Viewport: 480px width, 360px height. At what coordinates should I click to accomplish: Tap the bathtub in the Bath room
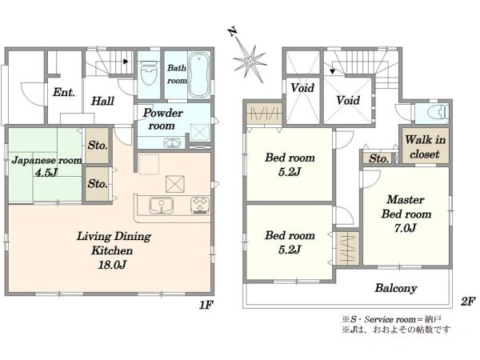click(199, 75)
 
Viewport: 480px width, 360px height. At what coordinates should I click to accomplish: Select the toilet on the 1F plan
click(149, 74)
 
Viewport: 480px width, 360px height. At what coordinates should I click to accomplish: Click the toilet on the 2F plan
click(439, 112)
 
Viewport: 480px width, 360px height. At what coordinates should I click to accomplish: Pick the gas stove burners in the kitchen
click(200, 205)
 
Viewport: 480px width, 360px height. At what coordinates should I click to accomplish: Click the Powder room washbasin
click(172, 142)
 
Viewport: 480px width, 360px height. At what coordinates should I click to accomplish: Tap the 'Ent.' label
click(64, 92)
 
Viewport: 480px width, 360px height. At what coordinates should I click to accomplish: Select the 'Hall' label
click(102, 101)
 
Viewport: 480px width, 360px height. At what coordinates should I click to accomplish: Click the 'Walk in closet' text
click(425, 147)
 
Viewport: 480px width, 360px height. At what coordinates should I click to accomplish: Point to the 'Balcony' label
click(396, 288)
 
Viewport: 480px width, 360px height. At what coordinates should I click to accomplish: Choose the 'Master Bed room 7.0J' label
click(406, 214)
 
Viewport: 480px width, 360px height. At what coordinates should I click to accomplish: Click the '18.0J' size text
click(112, 265)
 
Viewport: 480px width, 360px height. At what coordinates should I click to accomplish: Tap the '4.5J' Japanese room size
click(46, 173)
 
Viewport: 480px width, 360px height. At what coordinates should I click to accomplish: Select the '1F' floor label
click(206, 305)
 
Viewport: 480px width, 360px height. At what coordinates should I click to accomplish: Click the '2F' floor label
click(468, 302)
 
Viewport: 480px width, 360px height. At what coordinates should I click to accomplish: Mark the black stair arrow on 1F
click(126, 62)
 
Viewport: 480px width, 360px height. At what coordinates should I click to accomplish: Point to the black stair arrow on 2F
click(333, 72)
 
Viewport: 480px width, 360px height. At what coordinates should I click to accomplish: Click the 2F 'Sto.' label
click(379, 158)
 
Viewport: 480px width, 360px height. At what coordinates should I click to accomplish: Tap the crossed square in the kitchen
click(175, 184)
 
